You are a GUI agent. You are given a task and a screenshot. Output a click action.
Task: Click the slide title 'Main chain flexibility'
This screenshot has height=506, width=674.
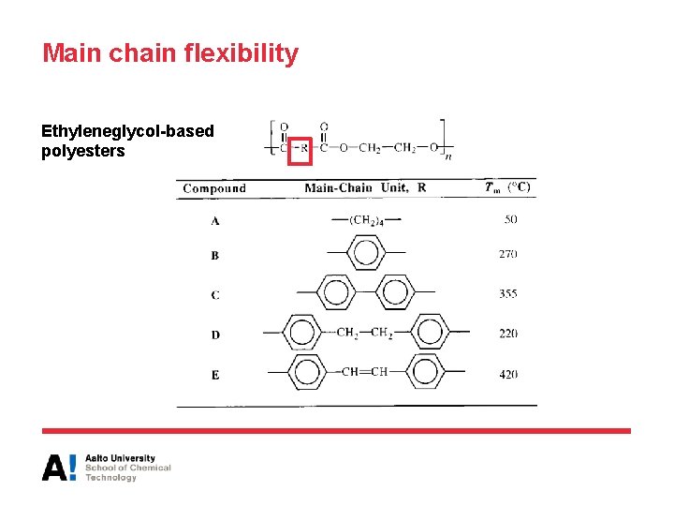(x=170, y=53)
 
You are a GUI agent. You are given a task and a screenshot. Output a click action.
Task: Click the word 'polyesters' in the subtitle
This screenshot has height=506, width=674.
(x=82, y=151)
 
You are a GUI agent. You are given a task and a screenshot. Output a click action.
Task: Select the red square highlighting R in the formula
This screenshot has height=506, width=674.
(x=299, y=148)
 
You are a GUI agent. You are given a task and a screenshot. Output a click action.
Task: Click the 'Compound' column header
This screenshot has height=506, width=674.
(x=214, y=188)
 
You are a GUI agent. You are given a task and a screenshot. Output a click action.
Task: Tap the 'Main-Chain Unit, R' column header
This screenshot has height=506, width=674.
(x=365, y=187)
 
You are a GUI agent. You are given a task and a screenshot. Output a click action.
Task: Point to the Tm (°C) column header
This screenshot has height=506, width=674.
(x=507, y=187)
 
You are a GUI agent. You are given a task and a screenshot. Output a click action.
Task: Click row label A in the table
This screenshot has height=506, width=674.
(x=215, y=221)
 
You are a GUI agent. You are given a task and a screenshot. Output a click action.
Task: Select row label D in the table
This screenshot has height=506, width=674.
(x=215, y=335)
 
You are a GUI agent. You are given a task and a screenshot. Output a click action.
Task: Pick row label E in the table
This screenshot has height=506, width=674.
(x=215, y=375)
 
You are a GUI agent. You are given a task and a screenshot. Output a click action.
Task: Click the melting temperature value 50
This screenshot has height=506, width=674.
(x=510, y=219)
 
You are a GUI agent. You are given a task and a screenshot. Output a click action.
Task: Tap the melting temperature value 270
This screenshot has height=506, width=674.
(x=508, y=254)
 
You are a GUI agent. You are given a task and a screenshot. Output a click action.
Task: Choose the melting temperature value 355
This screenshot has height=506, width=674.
(x=508, y=293)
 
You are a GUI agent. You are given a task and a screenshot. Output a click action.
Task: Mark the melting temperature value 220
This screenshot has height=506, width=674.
(x=508, y=334)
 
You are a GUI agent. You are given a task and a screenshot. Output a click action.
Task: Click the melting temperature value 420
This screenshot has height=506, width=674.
(x=508, y=374)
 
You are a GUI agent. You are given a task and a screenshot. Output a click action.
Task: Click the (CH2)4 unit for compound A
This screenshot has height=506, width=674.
(x=365, y=220)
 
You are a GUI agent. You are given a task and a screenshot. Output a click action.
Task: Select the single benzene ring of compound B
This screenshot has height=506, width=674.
(x=365, y=253)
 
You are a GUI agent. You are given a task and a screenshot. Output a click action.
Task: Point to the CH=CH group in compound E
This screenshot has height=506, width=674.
(x=364, y=372)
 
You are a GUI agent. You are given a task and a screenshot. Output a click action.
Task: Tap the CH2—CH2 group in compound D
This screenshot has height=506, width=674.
(x=363, y=333)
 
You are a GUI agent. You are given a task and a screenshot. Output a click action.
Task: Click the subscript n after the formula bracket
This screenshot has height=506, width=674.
(x=448, y=156)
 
